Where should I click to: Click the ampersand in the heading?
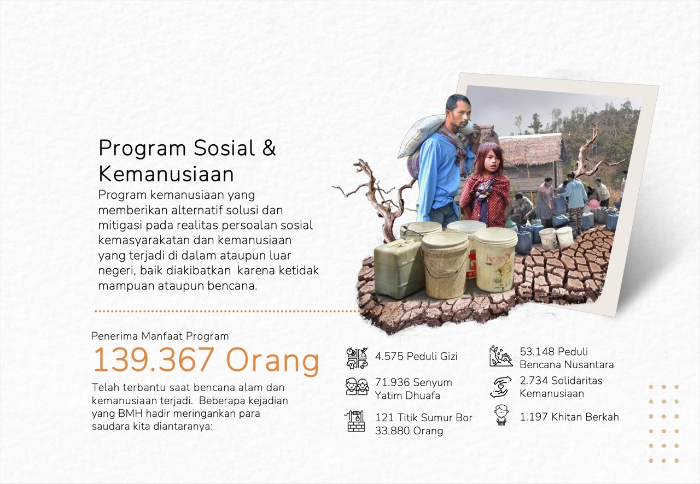click(x=269, y=147)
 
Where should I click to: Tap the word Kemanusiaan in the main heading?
click(x=166, y=174)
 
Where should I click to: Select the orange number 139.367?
click(x=154, y=360)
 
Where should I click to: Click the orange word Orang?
click(x=272, y=361)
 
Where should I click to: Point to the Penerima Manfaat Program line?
click(x=160, y=336)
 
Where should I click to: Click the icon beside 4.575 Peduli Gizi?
click(x=357, y=358)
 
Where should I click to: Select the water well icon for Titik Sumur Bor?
click(x=355, y=421)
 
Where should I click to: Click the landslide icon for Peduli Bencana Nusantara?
click(x=501, y=356)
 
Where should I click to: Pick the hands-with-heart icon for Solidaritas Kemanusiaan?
click(x=500, y=387)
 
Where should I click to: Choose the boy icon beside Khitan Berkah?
click(x=501, y=415)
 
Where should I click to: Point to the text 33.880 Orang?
click(x=409, y=431)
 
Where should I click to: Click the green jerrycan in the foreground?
click(x=398, y=269)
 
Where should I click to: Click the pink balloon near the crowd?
click(x=593, y=204)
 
